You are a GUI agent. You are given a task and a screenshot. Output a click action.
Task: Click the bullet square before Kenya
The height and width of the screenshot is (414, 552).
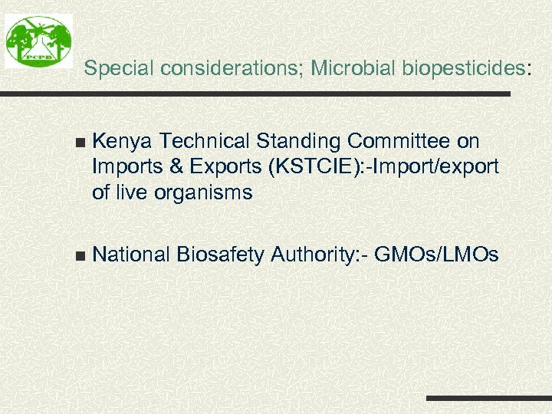pyautogui.click(x=81, y=143)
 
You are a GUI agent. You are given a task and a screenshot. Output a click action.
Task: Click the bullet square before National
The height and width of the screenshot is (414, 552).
pyautogui.click(x=81, y=255)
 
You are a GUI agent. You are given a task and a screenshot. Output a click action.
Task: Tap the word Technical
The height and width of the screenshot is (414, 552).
pyautogui.click(x=205, y=142)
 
